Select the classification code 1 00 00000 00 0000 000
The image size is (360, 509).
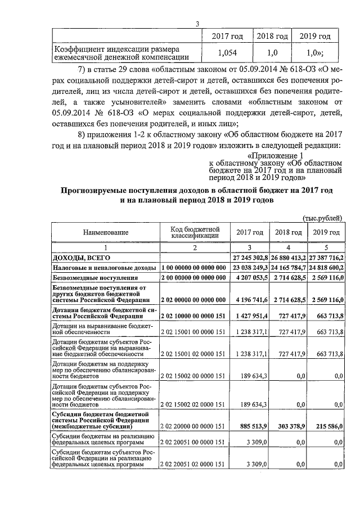tap(194, 268)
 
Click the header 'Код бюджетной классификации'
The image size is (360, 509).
tap(194, 232)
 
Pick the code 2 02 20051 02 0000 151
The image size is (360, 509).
tap(194, 465)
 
